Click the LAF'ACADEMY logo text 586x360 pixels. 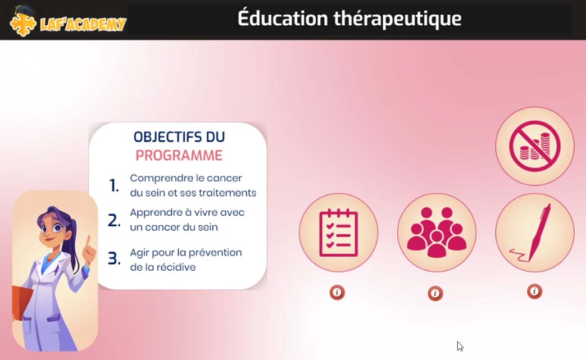coord(83,24)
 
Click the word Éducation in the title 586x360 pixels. coord(283,17)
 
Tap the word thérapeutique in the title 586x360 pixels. coord(397,19)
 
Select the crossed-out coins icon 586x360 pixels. coord(534,146)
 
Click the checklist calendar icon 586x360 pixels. coord(339,233)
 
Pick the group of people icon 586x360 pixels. coord(437,233)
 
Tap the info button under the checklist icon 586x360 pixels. coord(337,293)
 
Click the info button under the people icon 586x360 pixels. coord(435,294)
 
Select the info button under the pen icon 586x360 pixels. coord(534,291)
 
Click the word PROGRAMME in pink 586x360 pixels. coord(179,156)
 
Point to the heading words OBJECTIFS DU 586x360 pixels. coord(179,137)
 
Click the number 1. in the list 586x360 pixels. coord(114,185)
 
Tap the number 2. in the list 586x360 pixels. coord(114,220)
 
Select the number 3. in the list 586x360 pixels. coord(114,258)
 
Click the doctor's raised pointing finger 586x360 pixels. coord(88,241)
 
